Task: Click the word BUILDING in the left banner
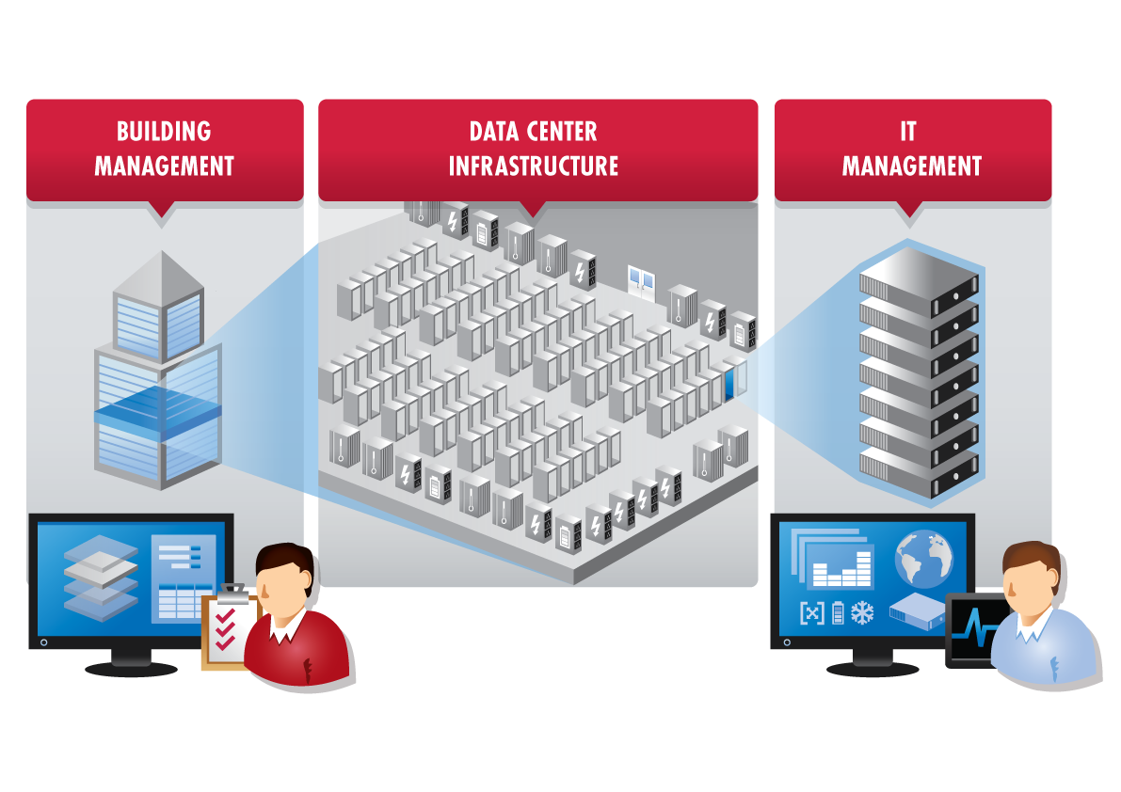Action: pyautogui.click(x=164, y=132)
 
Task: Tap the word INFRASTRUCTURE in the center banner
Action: pyautogui.click(x=533, y=166)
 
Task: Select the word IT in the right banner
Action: pyautogui.click(x=907, y=132)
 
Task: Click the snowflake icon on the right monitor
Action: pyautogui.click(x=862, y=613)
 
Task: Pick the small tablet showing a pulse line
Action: pyautogui.click(x=970, y=631)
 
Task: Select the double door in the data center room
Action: pyautogui.click(x=641, y=280)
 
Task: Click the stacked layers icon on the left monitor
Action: pyautogui.click(x=101, y=575)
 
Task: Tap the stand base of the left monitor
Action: pyautogui.click(x=131, y=669)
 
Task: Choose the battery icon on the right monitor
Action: pyautogui.click(x=837, y=613)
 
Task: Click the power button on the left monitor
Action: pyautogui.click(x=42, y=642)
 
